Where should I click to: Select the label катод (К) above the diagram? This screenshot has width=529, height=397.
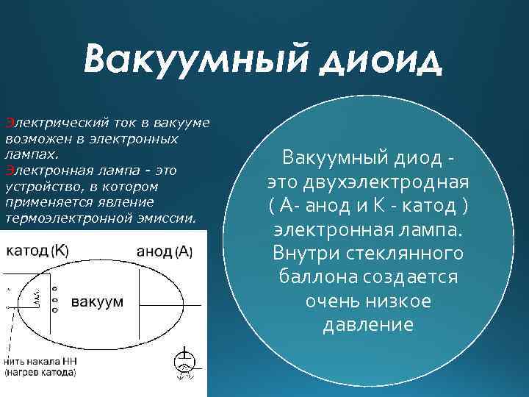(x=37, y=250)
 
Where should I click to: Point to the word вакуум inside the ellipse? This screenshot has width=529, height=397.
(x=97, y=302)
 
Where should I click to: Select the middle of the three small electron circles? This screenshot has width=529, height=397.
(x=54, y=301)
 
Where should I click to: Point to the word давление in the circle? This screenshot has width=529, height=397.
(x=368, y=325)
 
